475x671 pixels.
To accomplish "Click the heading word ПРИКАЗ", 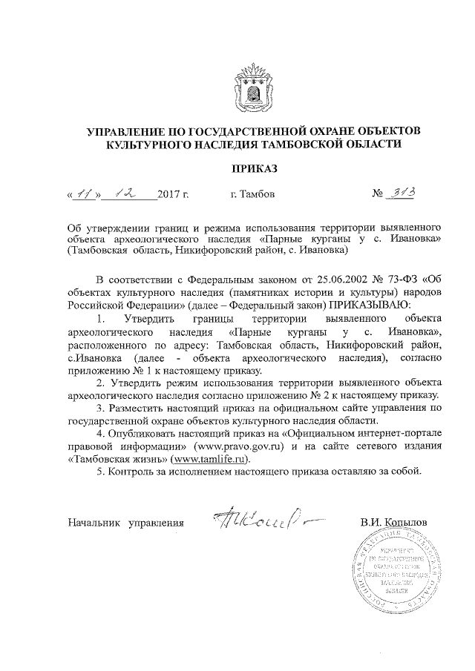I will (254, 169).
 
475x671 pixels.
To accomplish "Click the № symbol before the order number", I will (376, 196).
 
